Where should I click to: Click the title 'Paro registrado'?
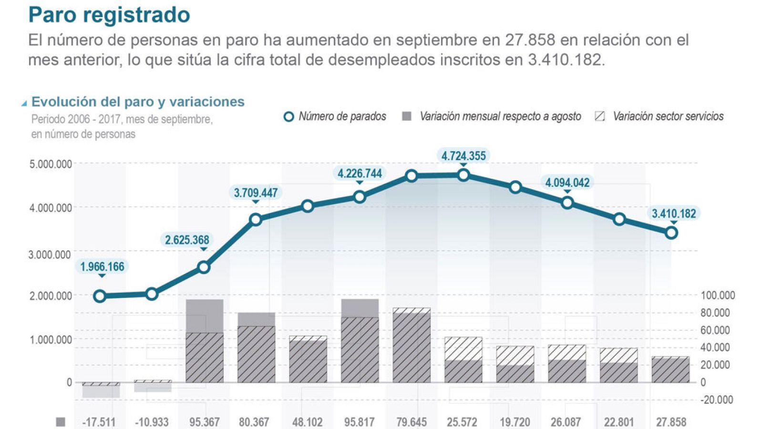(109, 15)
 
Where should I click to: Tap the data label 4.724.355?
(463, 156)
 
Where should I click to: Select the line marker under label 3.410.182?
(671, 233)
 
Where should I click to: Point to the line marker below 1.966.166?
(100, 296)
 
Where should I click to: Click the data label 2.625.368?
(187, 240)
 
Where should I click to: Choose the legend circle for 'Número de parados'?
(289, 117)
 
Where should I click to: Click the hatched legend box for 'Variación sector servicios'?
(600, 116)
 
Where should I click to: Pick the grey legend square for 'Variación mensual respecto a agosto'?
(407, 117)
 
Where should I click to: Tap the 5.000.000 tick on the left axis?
(51, 164)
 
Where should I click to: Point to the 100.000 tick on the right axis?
(717, 296)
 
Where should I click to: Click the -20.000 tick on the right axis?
(717, 400)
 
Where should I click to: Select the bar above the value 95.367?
(205, 341)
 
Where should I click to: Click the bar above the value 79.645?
(412, 345)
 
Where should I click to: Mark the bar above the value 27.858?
(670, 369)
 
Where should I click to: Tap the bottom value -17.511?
(99, 422)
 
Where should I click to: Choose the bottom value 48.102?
(307, 422)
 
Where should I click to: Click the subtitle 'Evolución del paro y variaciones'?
(138, 102)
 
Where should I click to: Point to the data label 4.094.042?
(567, 183)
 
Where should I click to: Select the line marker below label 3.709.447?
(256, 220)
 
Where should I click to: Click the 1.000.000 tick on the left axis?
(51, 339)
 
